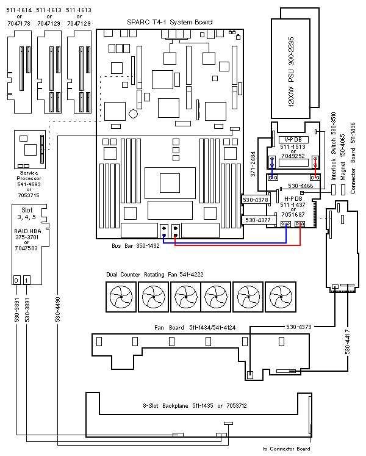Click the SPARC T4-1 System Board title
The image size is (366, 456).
170,22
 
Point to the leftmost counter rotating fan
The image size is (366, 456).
120,298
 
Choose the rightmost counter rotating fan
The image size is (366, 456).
281,298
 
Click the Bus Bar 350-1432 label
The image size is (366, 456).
135,245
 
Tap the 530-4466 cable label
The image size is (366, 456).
301,186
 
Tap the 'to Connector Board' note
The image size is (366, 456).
286,449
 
